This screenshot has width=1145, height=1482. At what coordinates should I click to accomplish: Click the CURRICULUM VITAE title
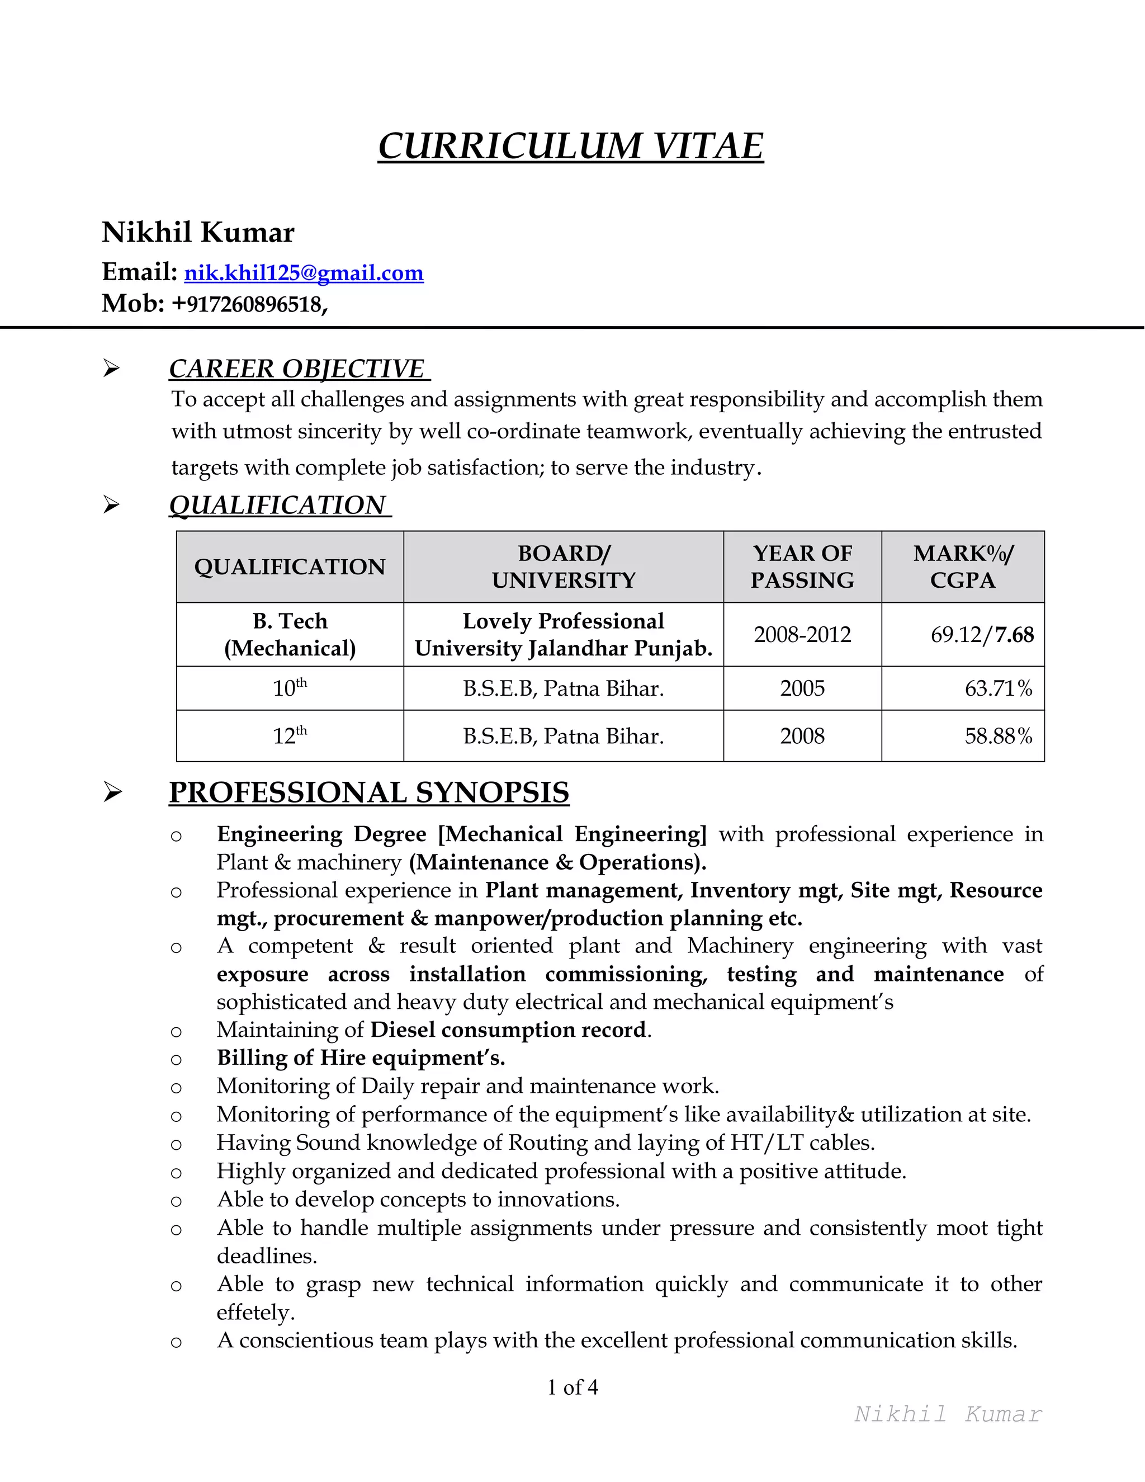click(570, 146)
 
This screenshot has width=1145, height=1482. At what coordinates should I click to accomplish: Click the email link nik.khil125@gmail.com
click(304, 273)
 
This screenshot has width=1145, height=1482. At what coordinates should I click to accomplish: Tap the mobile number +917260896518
click(249, 304)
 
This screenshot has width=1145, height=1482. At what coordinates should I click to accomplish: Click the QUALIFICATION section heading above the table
click(277, 505)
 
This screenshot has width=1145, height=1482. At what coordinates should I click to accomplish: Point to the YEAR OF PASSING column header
click(802, 567)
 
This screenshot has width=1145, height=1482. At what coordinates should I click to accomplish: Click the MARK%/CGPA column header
click(963, 567)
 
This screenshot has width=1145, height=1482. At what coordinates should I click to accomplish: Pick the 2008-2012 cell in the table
click(802, 635)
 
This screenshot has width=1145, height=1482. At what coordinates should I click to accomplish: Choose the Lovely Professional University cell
click(563, 635)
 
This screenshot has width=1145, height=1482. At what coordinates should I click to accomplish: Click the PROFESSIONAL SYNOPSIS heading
click(369, 792)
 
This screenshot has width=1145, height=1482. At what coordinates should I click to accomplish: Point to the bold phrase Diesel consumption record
click(508, 1030)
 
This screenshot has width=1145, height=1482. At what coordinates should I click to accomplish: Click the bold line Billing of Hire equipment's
click(361, 1058)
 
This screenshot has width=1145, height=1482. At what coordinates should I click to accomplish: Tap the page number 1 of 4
click(572, 1387)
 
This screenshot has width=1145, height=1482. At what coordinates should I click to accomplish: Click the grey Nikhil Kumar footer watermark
click(948, 1414)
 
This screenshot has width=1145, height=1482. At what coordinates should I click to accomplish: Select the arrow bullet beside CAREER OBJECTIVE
click(112, 369)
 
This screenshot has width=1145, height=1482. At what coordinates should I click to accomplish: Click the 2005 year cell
click(802, 689)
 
